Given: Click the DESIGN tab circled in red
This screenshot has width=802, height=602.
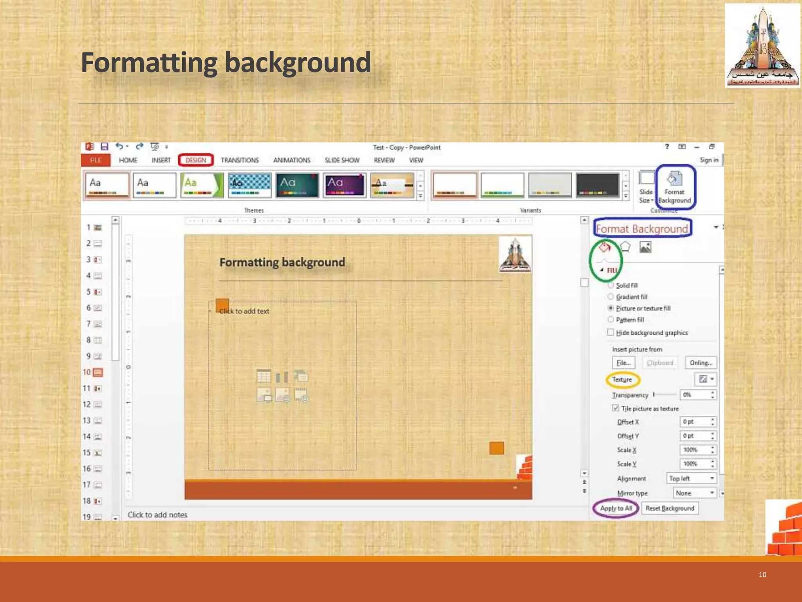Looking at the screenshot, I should coord(195,160).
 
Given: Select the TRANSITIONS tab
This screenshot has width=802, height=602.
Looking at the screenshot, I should coord(240,160).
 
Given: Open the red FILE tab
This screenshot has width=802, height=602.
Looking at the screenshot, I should coord(95,160).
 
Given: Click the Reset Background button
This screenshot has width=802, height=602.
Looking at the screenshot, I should coord(670,508).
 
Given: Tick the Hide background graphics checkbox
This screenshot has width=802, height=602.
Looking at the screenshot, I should coord(610,332).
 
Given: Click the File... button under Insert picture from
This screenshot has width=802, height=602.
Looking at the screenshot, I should coord(623,363).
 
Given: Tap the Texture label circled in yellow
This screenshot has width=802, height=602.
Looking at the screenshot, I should coord(622,379).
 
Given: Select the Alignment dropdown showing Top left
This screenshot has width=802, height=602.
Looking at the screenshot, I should coord(691,479).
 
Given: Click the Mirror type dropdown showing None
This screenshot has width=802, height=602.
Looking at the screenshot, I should coord(695,493).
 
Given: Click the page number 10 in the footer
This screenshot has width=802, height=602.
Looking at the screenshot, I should coord(762,575).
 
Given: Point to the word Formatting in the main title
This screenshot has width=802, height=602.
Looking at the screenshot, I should coord(149,63).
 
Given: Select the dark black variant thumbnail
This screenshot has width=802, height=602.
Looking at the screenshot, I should coord(597,185).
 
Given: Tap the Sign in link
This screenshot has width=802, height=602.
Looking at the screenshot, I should coord(709,160).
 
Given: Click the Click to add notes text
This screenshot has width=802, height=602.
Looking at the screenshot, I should coord(157,515).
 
